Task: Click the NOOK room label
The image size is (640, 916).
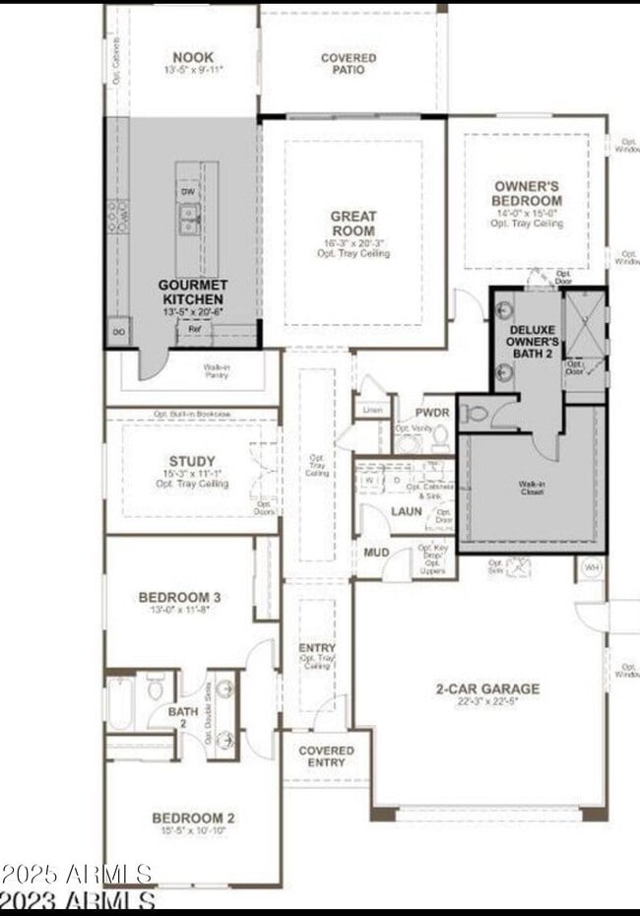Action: pos(192,57)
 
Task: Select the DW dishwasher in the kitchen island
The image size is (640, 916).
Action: pos(188,191)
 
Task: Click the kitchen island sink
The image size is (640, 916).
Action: pos(188,213)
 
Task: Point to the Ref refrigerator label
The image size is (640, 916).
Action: pos(195,329)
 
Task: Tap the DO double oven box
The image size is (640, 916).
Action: pos(118,332)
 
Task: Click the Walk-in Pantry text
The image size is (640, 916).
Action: pos(217,371)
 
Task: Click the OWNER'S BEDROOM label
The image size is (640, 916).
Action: pos(527,193)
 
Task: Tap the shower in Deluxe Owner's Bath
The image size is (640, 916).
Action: pos(586,326)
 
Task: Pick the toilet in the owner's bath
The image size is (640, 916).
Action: pos(476,413)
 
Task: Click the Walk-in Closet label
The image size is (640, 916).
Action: pos(533,487)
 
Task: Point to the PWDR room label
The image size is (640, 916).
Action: pos(432,412)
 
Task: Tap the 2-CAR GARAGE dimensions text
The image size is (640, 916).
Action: pos(487,702)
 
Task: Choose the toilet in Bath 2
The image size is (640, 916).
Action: pos(156,687)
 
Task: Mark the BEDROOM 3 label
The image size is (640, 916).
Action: pos(179,597)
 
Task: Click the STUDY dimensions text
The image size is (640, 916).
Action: pos(192,474)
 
